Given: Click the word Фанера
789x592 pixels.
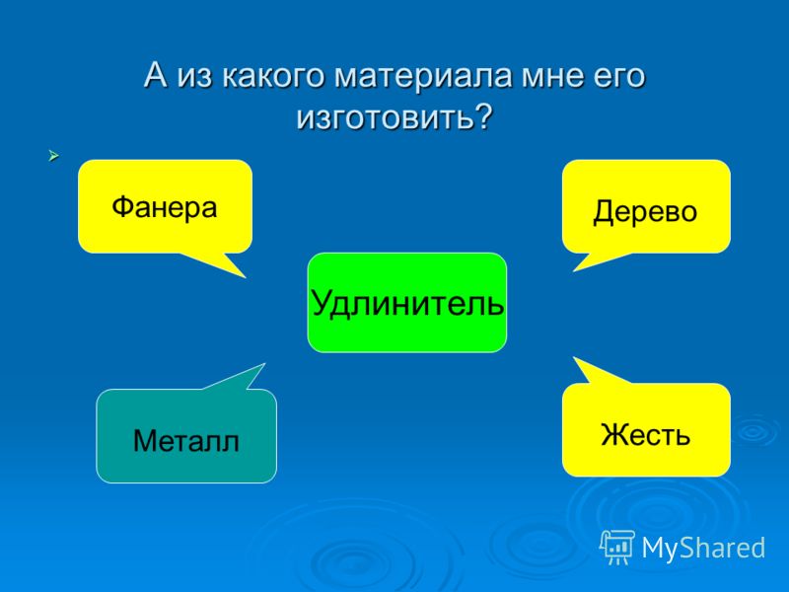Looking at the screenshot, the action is pyautogui.click(x=165, y=207).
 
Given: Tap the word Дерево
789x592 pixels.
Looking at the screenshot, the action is pyautogui.click(x=645, y=211).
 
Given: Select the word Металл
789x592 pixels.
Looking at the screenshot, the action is pyautogui.click(x=186, y=441).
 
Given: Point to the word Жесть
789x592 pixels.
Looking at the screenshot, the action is pyautogui.click(x=646, y=434).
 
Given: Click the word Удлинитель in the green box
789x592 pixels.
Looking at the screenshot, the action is pyautogui.click(x=407, y=303).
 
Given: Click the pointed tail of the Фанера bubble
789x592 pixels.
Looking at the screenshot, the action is pyautogui.click(x=245, y=277).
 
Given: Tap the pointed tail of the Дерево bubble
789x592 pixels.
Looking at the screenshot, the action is pyautogui.click(x=574, y=270).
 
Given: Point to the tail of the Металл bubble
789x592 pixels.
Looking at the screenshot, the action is pyautogui.click(x=263, y=364).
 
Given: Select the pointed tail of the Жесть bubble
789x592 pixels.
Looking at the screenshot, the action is pyautogui.click(x=575, y=358).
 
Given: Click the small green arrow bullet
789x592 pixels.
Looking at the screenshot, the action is pyautogui.click(x=54, y=156).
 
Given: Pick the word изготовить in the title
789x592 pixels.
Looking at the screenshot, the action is pyautogui.click(x=385, y=118).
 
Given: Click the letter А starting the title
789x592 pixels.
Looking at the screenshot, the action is pyautogui.click(x=156, y=75).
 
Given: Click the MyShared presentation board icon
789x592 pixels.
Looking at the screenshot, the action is pyautogui.click(x=616, y=547).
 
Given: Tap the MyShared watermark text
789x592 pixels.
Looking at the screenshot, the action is pyautogui.click(x=703, y=548).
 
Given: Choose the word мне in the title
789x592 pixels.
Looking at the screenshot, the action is pyautogui.click(x=551, y=76).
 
